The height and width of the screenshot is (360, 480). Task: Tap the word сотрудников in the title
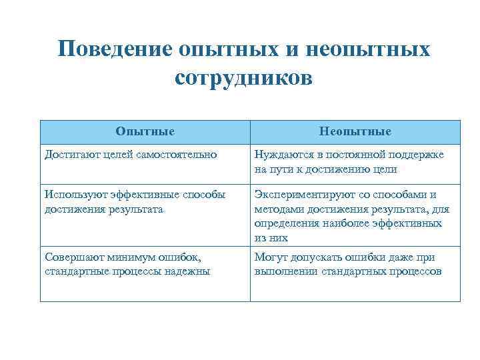click(x=243, y=77)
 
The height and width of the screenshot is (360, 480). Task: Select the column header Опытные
click(x=145, y=131)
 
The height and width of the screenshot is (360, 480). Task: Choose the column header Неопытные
click(x=355, y=131)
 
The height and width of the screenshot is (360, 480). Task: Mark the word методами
click(x=281, y=209)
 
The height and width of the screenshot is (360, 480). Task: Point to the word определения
click(x=287, y=223)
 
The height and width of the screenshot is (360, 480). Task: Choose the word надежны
click(x=187, y=271)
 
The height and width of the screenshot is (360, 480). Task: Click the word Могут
click(x=271, y=257)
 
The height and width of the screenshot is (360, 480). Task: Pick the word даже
click(x=401, y=257)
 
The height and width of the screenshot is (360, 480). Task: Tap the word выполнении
click(x=285, y=271)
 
